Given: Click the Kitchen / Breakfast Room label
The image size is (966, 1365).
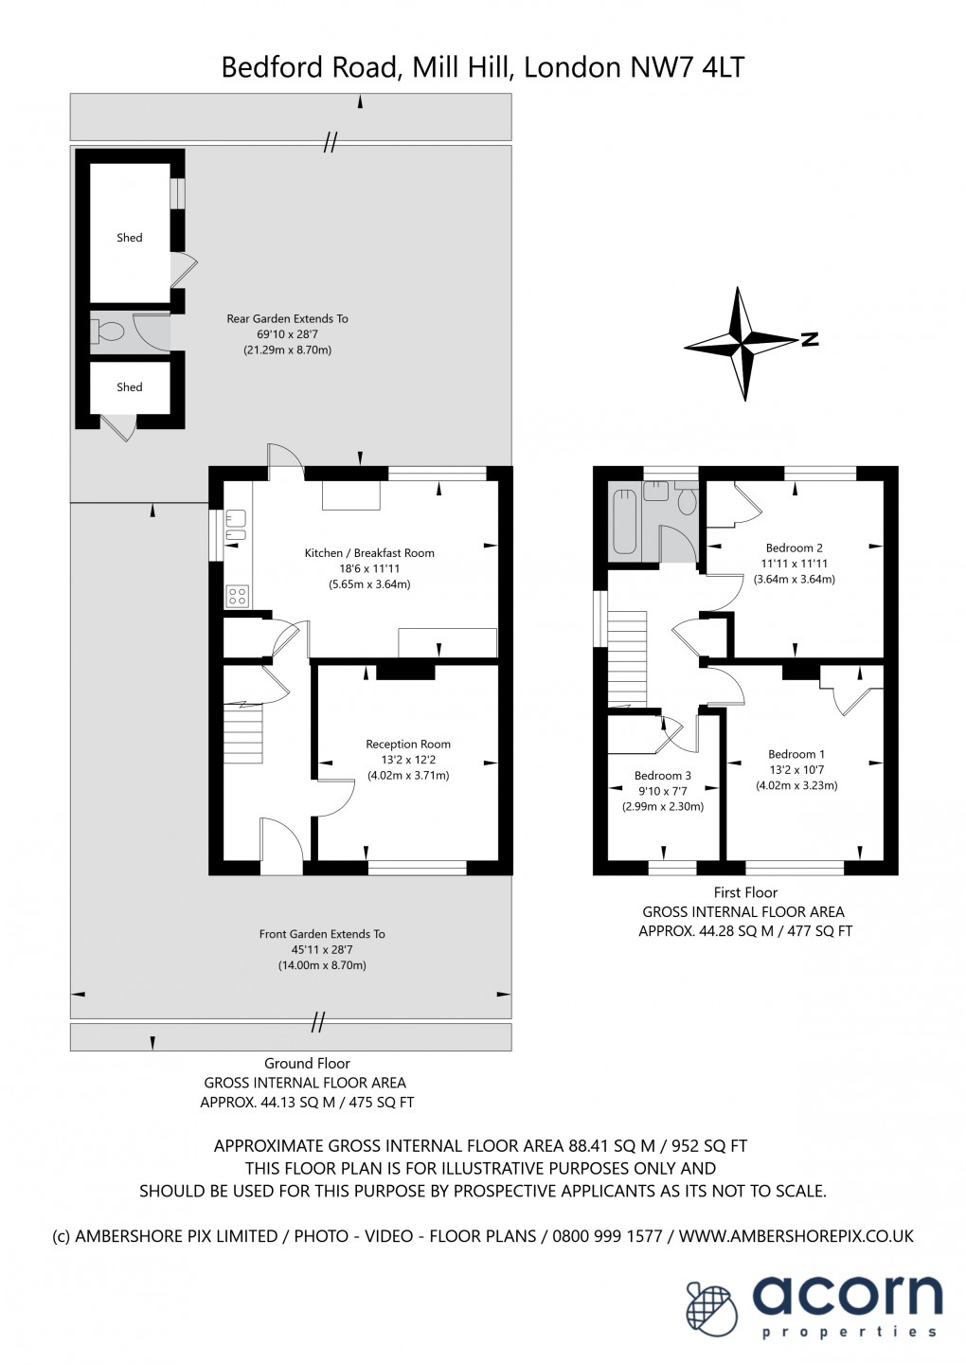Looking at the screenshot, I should [368, 553].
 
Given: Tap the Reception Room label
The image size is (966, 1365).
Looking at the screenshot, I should [408, 745].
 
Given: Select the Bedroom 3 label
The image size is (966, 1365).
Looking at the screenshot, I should [662, 776].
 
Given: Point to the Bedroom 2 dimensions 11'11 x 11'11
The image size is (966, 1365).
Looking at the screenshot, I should [794, 564].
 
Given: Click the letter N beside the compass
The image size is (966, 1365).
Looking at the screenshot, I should [809, 340].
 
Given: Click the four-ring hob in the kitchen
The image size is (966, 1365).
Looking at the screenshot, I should [237, 596].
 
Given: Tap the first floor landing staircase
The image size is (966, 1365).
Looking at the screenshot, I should [626, 656].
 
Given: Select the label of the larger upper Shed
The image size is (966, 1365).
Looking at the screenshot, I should [130, 238].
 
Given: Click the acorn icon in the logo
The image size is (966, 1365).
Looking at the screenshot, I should [710, 1308].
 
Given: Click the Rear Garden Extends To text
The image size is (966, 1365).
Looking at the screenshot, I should [287, 319].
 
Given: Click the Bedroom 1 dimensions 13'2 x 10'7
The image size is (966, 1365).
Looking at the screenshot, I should [796, 770].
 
